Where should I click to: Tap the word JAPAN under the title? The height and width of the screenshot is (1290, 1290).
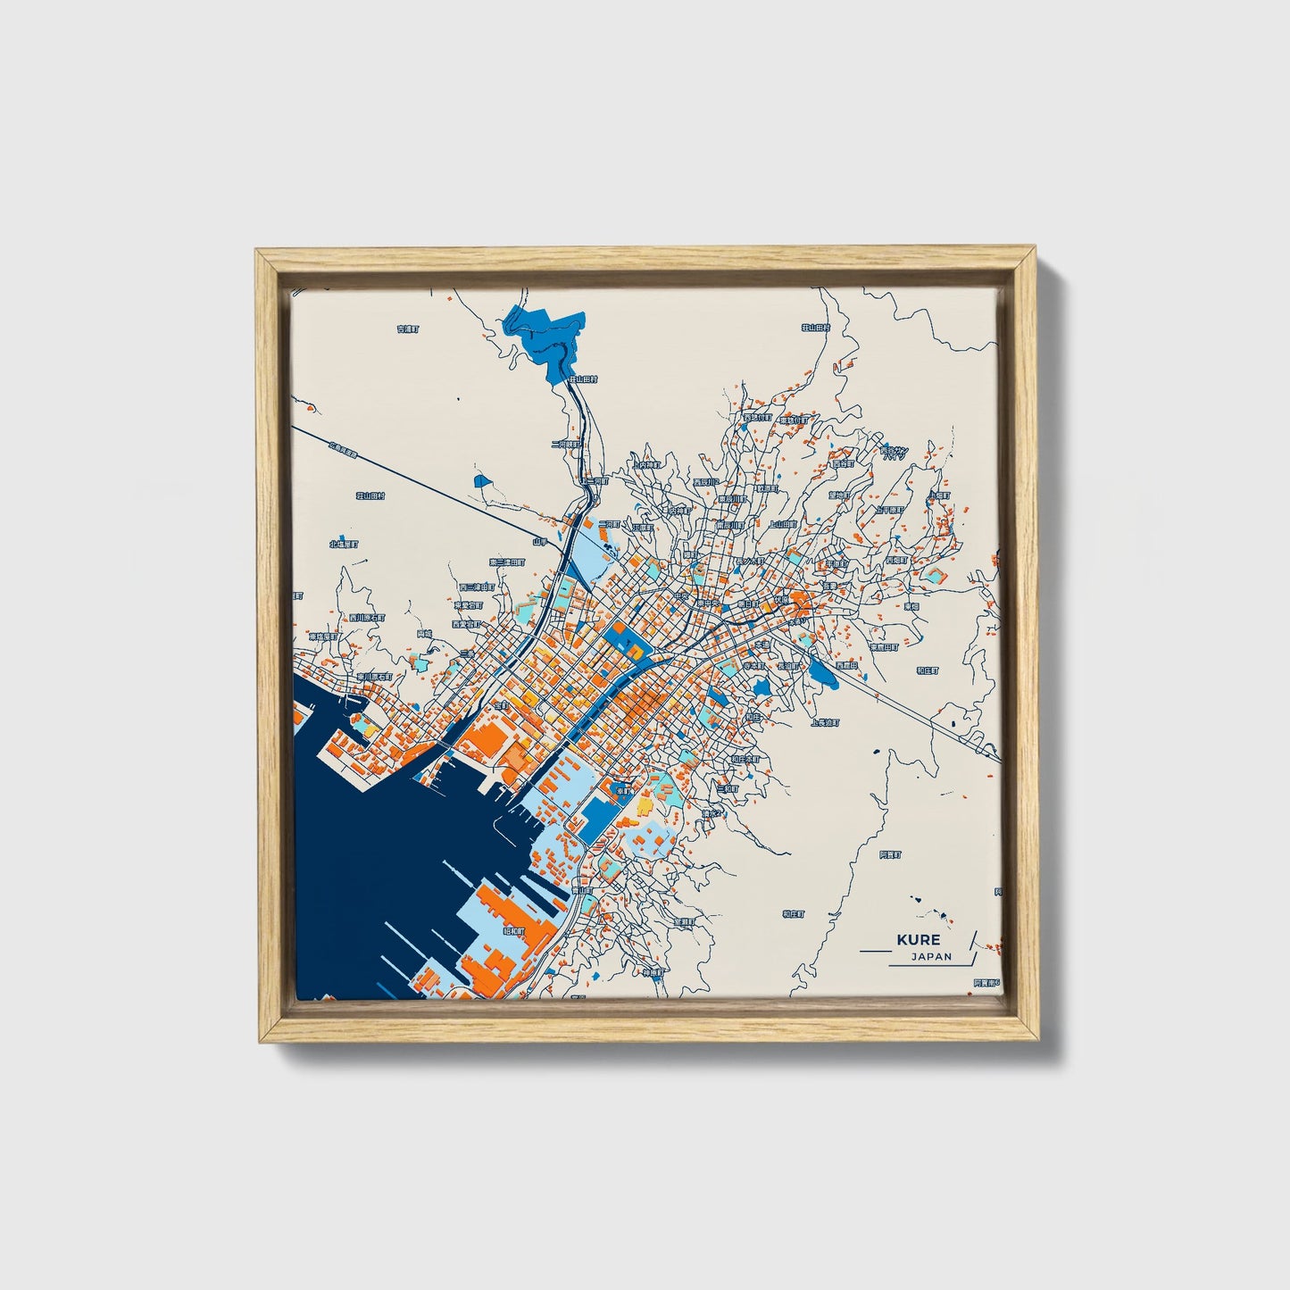pos(931,956)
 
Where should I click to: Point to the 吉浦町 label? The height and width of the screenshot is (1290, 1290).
pos(407,329)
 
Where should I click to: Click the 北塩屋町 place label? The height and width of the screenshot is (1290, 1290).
pos(343,543)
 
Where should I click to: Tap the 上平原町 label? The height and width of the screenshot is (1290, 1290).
pos(890,510)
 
